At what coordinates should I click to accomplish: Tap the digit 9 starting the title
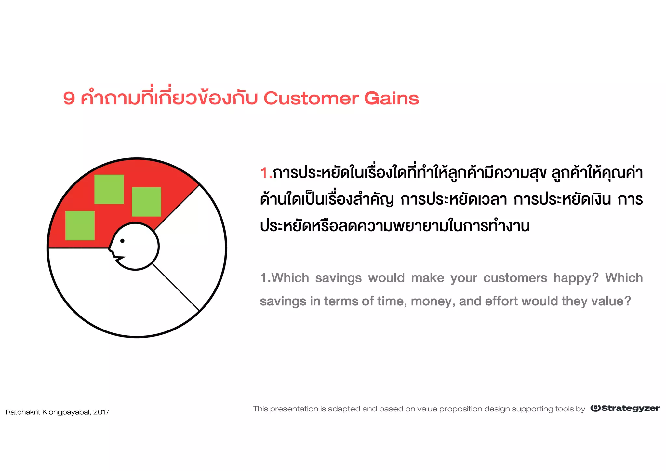coord(69,98)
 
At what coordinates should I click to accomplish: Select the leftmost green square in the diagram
coord(80,226)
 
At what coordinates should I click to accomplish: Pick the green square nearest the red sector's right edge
coord(146,202)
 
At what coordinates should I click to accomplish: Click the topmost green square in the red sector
coord(109,189)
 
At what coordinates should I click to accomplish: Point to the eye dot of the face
coord(122,241)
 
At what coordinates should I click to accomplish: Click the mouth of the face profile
coord(119,259)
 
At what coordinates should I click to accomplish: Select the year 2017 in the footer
coord(101,412)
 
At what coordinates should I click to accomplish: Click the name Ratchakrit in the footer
coord(23,412)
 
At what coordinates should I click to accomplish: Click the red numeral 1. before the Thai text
coord(266,173)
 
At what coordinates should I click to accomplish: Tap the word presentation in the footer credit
coord(294,409)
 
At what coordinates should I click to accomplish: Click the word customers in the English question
coord(515,278)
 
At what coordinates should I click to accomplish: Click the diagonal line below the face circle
coord(176,287)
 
